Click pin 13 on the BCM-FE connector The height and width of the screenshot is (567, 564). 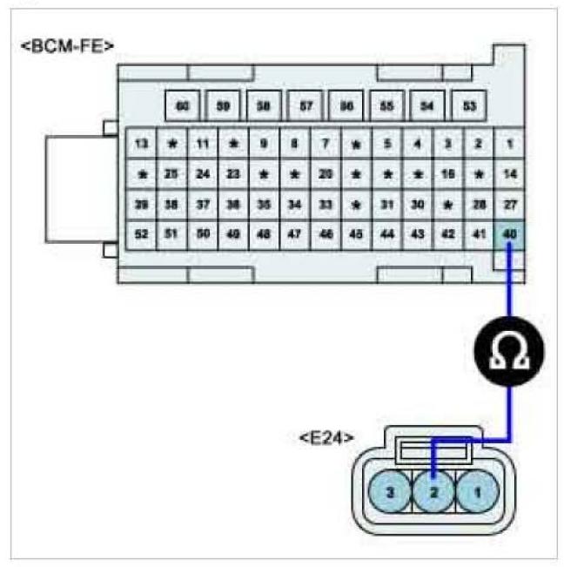142,143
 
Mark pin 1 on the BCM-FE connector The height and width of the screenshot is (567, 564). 509,143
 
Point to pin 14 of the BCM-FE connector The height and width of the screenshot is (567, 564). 509,173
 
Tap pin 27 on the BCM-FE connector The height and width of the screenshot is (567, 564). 509,204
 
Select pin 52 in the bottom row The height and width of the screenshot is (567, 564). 142,233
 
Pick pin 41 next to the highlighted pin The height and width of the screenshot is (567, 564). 478,233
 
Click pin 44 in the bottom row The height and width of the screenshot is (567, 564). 386,233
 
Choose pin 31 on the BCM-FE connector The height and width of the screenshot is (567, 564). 386,204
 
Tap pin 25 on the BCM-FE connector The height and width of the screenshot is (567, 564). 172,173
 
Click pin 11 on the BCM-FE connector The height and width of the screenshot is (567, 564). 203,143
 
